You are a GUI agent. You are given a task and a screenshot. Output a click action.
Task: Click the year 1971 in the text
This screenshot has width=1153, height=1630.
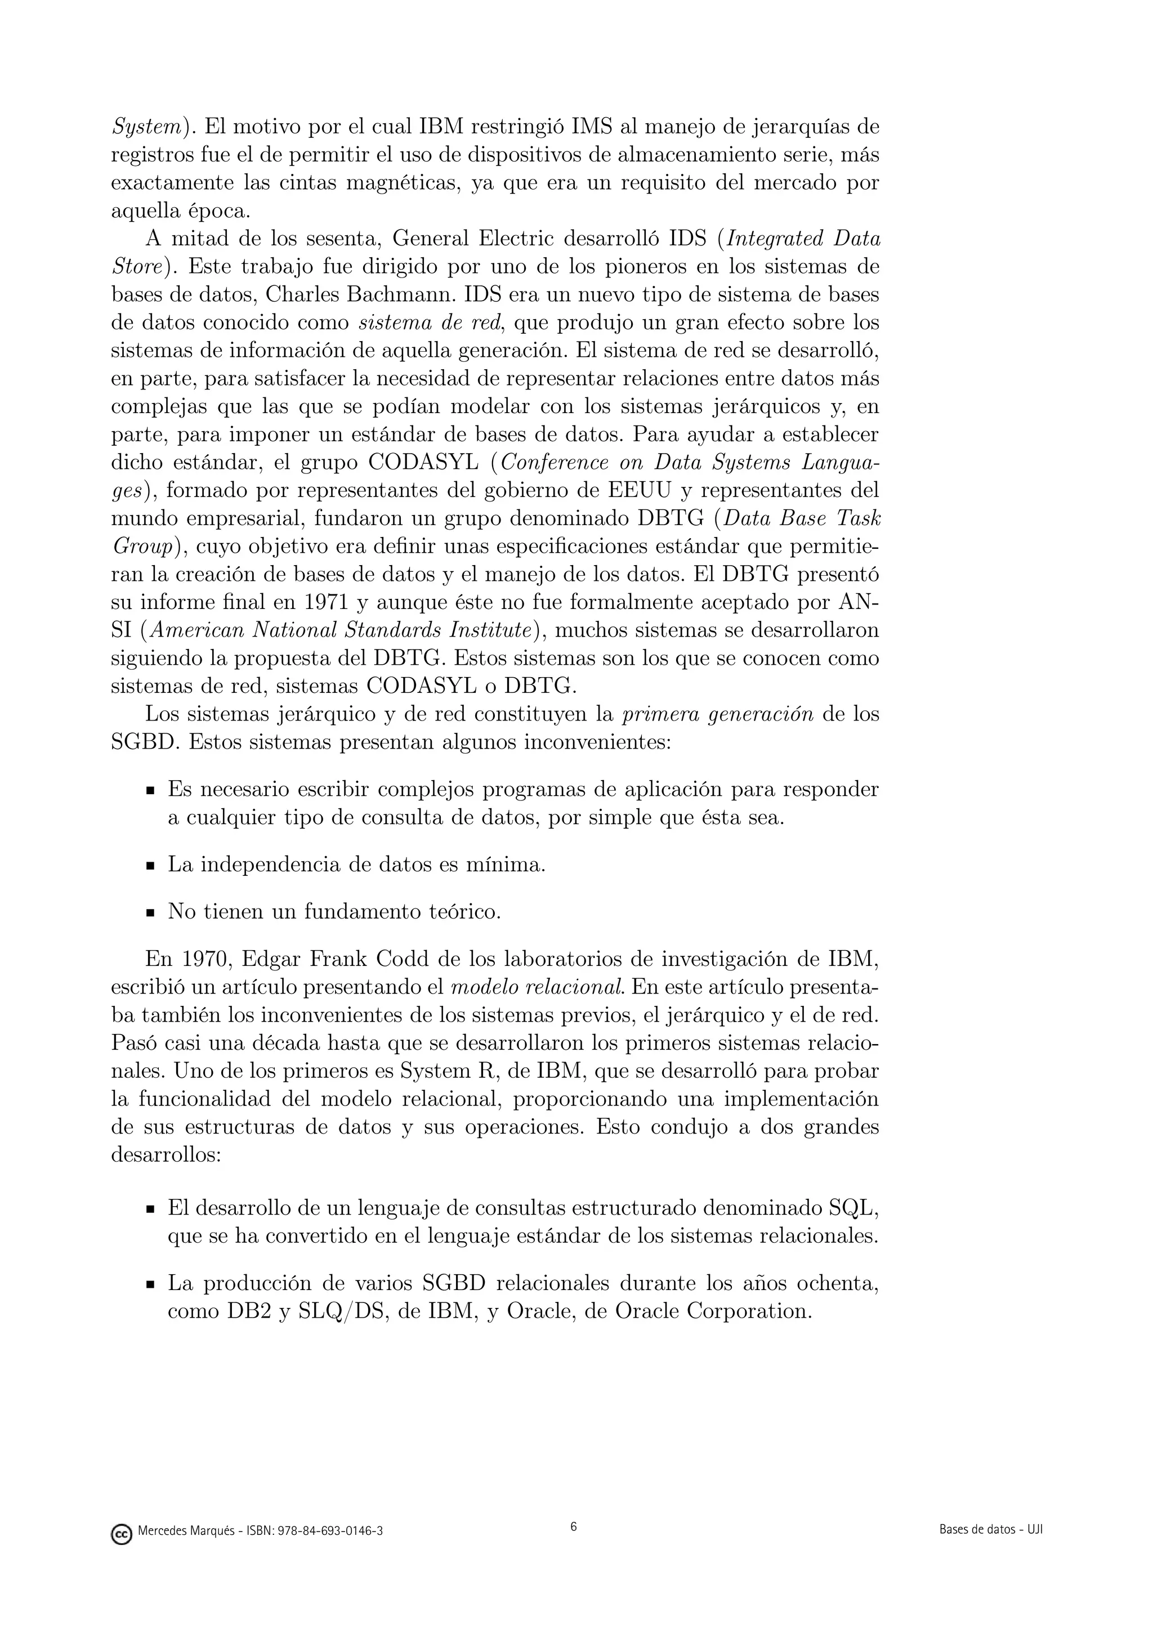point(325,603)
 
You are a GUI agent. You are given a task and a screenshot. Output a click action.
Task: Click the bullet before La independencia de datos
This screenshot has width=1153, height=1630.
point(150,866)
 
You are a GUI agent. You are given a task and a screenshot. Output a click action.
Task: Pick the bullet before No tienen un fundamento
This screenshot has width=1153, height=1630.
point(150,913)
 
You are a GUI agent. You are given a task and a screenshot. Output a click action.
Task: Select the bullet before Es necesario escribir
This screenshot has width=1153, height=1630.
point(150,791)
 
